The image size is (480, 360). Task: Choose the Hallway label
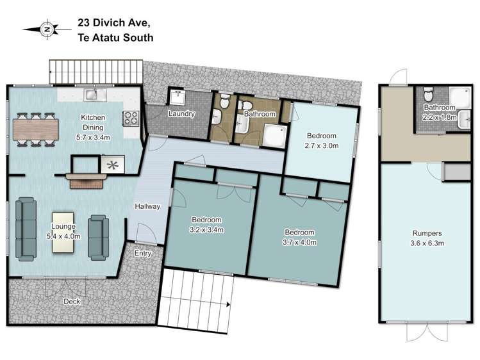point(147,206)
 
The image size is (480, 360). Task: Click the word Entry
point(143,254)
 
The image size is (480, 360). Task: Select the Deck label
point(72,301)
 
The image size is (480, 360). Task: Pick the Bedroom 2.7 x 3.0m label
point(321,140)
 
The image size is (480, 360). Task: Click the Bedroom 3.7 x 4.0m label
point(299,236)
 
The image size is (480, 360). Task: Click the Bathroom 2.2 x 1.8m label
point(439,112)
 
